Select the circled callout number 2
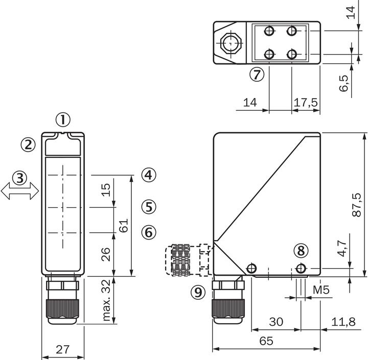pyautogui.click(x=28, y=145)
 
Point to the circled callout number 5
pyautogui.click(x=148, y=207)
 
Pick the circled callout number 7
pyautogui.click(x=257, y=75)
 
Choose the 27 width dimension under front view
pyautogui.click(x=62, y=350)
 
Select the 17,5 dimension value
pyautogui.click(x=306, y=103)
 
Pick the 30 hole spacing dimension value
pyautogui.click(x=276, y=322)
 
